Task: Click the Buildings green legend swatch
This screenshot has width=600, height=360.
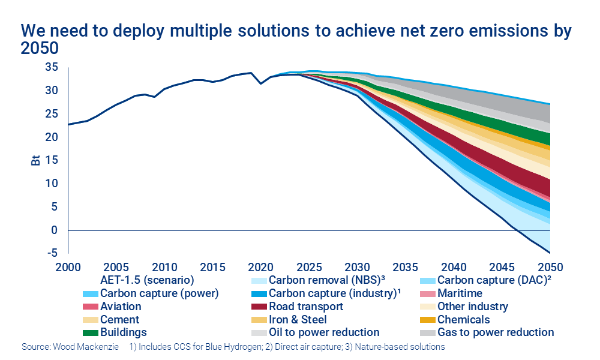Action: click(x=90, y=332)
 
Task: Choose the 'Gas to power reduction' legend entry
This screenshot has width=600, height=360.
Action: click(x=496, y=332)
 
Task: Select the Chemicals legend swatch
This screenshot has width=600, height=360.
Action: click(x=427, y=320)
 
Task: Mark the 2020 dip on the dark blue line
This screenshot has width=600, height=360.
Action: click(x=260, y=83)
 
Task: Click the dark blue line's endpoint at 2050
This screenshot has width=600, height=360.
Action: click(x=550, y=253)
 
